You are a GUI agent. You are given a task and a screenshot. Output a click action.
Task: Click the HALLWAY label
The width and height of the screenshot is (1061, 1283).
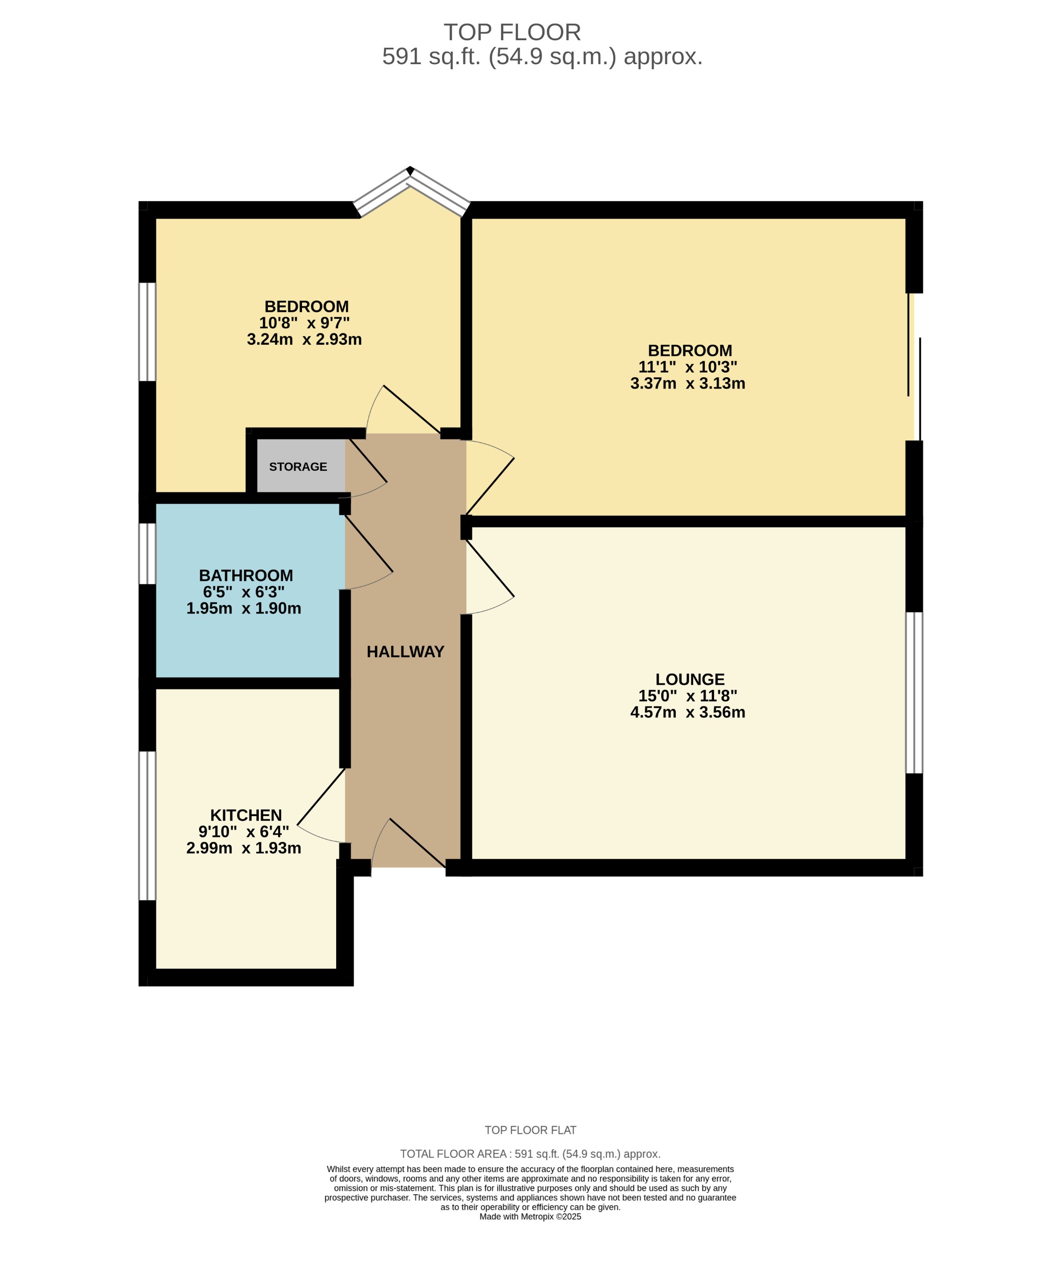(x=405, y=652)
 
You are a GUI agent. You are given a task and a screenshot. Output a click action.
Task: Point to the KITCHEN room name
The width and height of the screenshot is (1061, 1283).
(x=246, y=815)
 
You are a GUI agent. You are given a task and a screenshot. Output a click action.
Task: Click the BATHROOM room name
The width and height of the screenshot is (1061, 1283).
(x=246, y=575)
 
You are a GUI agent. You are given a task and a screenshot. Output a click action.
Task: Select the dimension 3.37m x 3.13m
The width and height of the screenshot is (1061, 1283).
(x=688, y=384)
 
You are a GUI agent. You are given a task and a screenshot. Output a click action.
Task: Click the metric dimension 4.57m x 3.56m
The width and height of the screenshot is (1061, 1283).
(x=688, y=712)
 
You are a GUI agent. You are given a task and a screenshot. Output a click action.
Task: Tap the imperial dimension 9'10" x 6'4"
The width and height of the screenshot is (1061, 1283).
(x=243, y=831)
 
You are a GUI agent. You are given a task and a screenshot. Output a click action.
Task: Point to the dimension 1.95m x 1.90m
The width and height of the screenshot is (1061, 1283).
(x=243, y=608)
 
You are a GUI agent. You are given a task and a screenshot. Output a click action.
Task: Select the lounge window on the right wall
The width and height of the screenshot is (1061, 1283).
(x=914, y=693)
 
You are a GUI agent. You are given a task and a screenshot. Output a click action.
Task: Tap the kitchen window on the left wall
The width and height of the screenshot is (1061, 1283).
(x=147, y=826)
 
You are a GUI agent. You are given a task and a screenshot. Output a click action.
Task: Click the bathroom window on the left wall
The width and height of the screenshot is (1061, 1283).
(x=147, y=553)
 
